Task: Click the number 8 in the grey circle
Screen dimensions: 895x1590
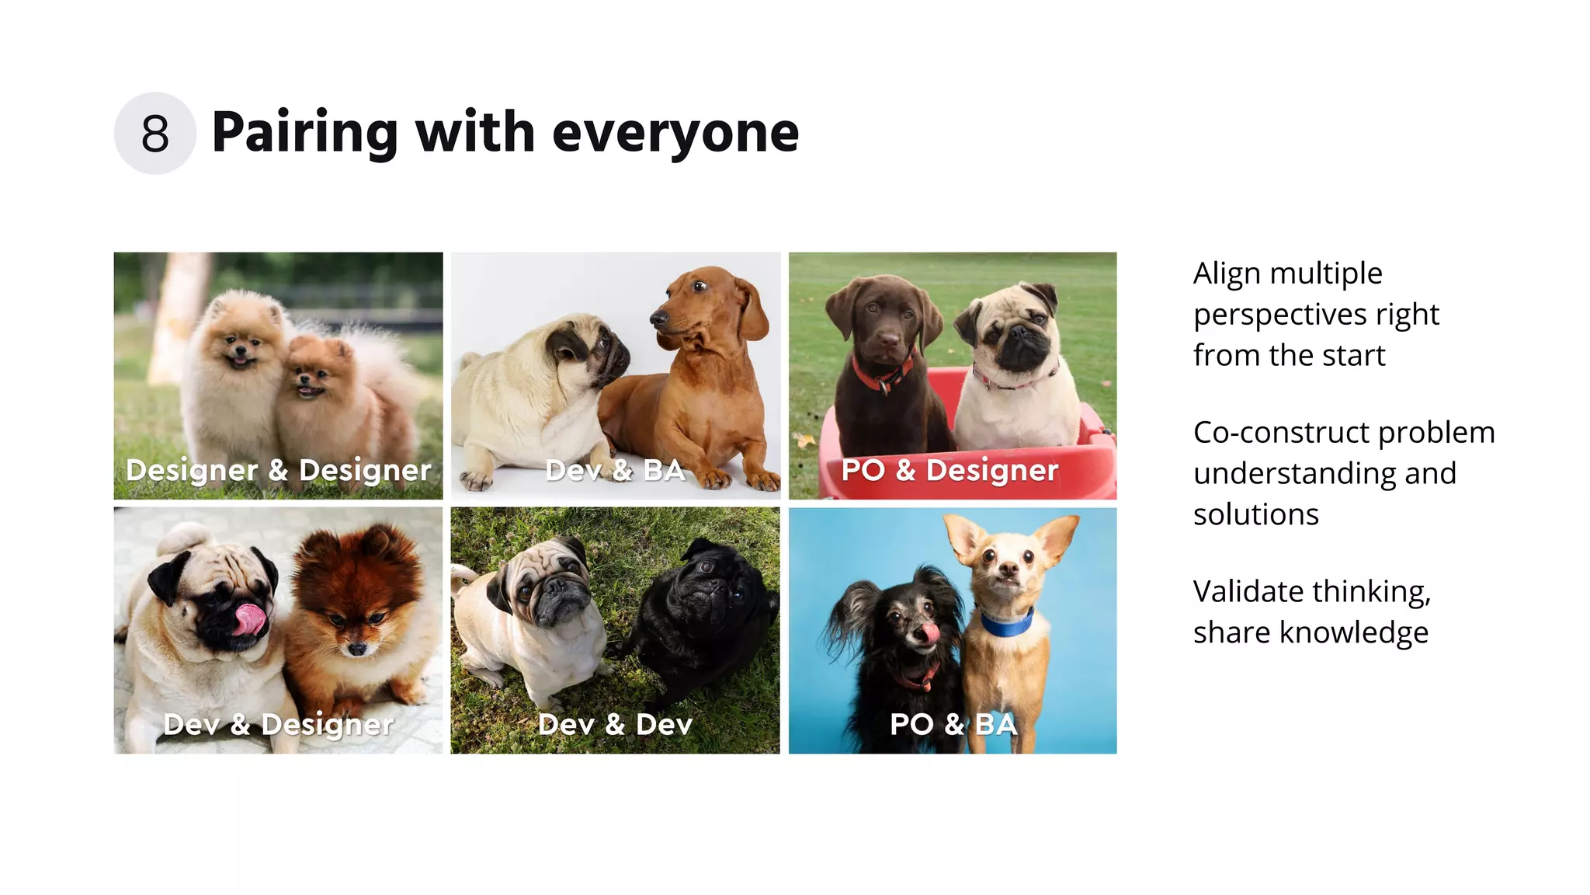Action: pos(155,134)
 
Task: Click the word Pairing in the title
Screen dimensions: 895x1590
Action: pos(304,134)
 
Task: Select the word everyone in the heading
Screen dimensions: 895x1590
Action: pos(675,134)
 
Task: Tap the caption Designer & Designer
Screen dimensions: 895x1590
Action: pos(278,470)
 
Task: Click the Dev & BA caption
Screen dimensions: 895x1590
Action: pos(615,470)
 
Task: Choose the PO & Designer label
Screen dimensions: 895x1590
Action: pos(949,470)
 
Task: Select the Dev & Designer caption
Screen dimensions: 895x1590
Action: pos(278,724)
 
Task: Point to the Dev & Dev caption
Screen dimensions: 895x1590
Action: pos(615,724)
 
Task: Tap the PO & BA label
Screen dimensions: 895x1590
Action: pos(953,724)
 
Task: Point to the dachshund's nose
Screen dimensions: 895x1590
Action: pos(657,318)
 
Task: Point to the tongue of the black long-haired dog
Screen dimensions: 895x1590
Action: pos(929,633)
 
